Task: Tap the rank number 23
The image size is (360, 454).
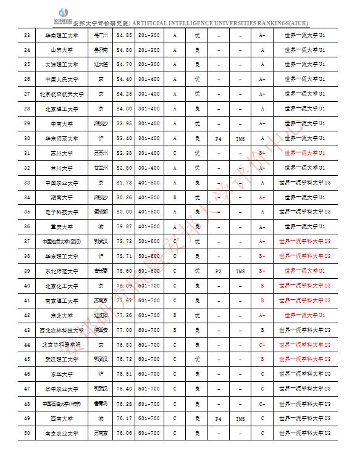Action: tap(27, 35)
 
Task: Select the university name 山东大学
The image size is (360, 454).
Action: tap(62, 49)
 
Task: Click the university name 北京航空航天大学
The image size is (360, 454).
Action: tap(62, 94)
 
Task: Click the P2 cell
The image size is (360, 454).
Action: tap(218, 271)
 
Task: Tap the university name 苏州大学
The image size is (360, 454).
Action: tap(62, 153)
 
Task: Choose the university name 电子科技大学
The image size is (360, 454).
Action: tap(62, 212)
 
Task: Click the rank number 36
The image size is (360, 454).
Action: tap(27, 226)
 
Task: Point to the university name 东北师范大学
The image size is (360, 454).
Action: tap(62, 271)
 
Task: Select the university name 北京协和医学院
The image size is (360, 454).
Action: tap(62, 344)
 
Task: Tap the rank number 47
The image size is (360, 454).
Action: tap(27, 389)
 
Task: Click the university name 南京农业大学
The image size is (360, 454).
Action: tap(62, 433)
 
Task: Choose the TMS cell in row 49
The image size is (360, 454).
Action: tap(240, 418)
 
